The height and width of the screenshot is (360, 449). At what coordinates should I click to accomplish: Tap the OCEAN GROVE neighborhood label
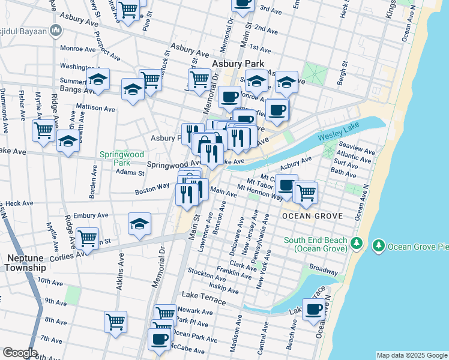[x=313, y=215]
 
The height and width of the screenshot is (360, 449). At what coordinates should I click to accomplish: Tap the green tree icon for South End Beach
[x=357, y=242]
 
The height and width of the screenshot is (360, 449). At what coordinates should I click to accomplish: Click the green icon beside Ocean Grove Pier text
[x=379, y=246]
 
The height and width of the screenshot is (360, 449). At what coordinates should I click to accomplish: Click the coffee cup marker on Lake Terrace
[x=314, y=310]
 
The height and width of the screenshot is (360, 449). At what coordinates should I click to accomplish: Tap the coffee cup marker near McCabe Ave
[x=159, y=339]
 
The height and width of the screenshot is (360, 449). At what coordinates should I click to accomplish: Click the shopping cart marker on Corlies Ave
[x=88, y=238]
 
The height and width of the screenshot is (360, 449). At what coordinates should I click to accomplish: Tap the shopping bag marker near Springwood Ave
[x=205, y=144]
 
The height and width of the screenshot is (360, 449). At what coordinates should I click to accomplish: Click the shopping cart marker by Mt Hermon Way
[x=306, y=192]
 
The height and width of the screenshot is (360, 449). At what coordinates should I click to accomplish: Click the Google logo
[x=20, y=353]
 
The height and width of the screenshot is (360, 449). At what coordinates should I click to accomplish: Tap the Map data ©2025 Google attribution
[x=411, y=355]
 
